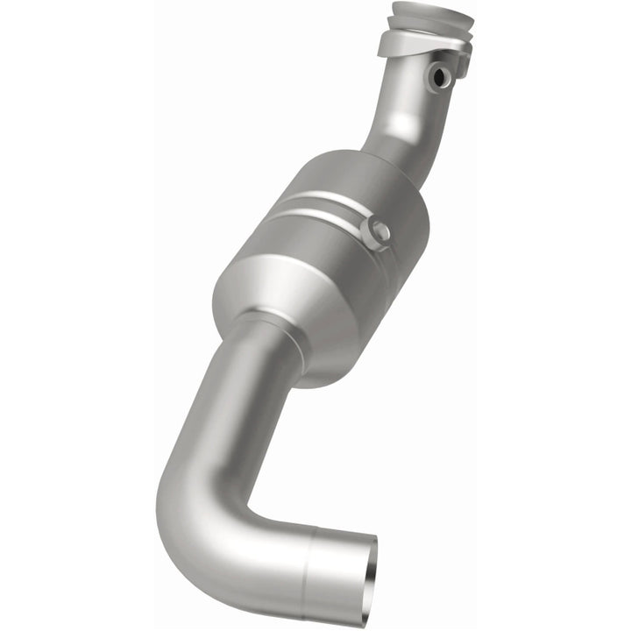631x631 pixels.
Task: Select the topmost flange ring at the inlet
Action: click(x=431, y=15)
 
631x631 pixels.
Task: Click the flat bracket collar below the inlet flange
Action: click(x=412, y=44)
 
